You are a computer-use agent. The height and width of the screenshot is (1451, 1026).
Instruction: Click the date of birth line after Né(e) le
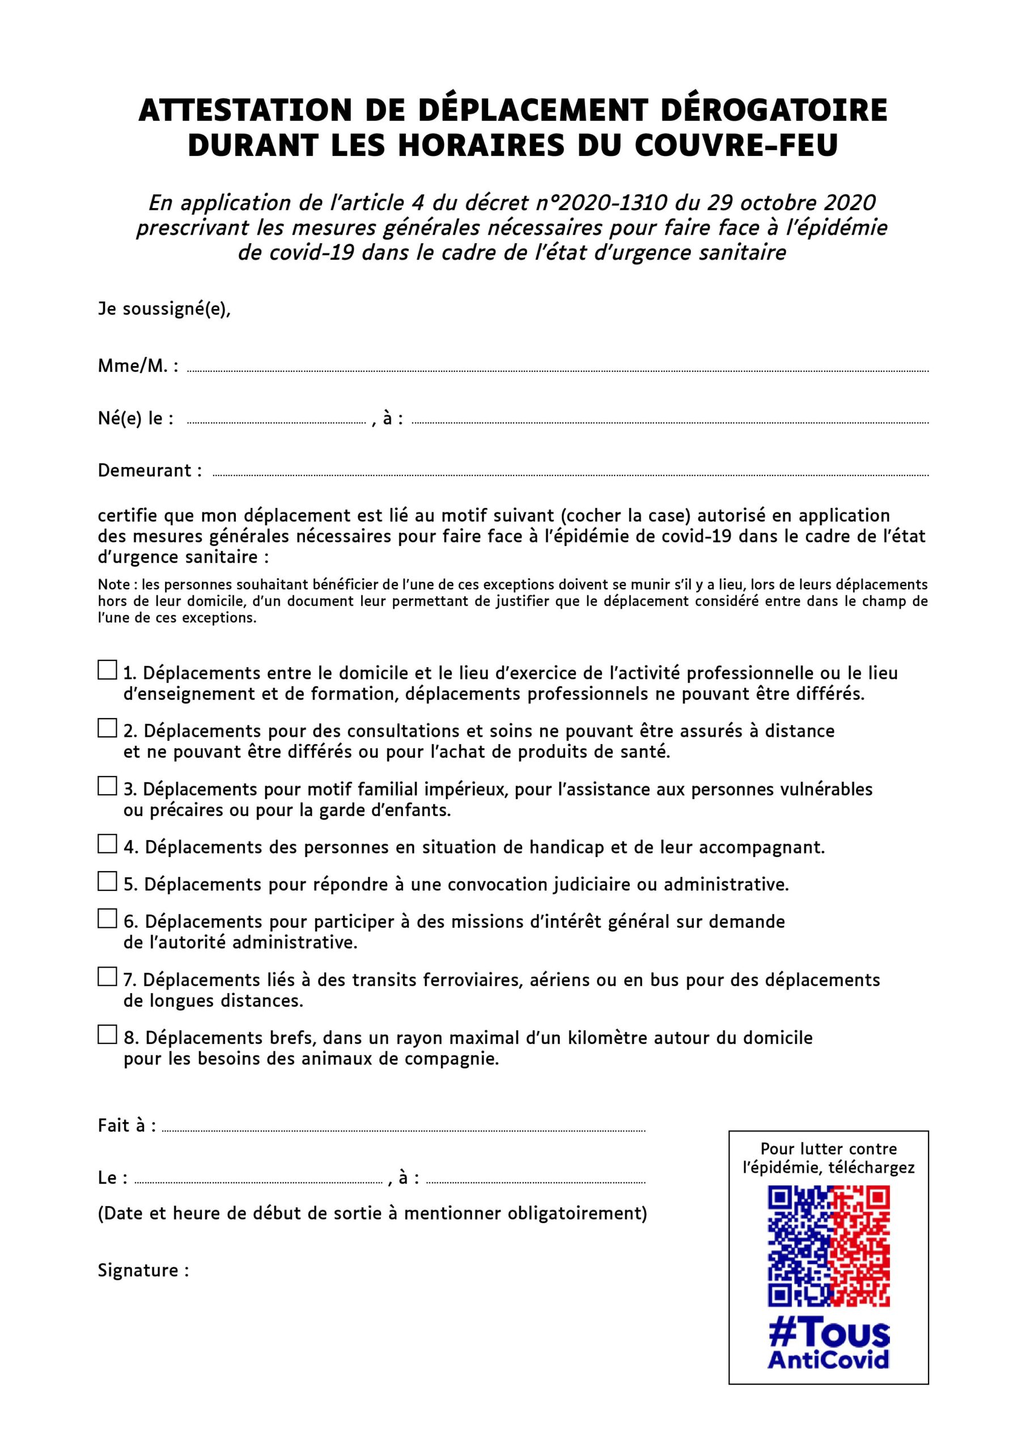tap(276, 422)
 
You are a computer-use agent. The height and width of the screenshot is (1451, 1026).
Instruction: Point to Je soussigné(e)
tap(164, 309)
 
